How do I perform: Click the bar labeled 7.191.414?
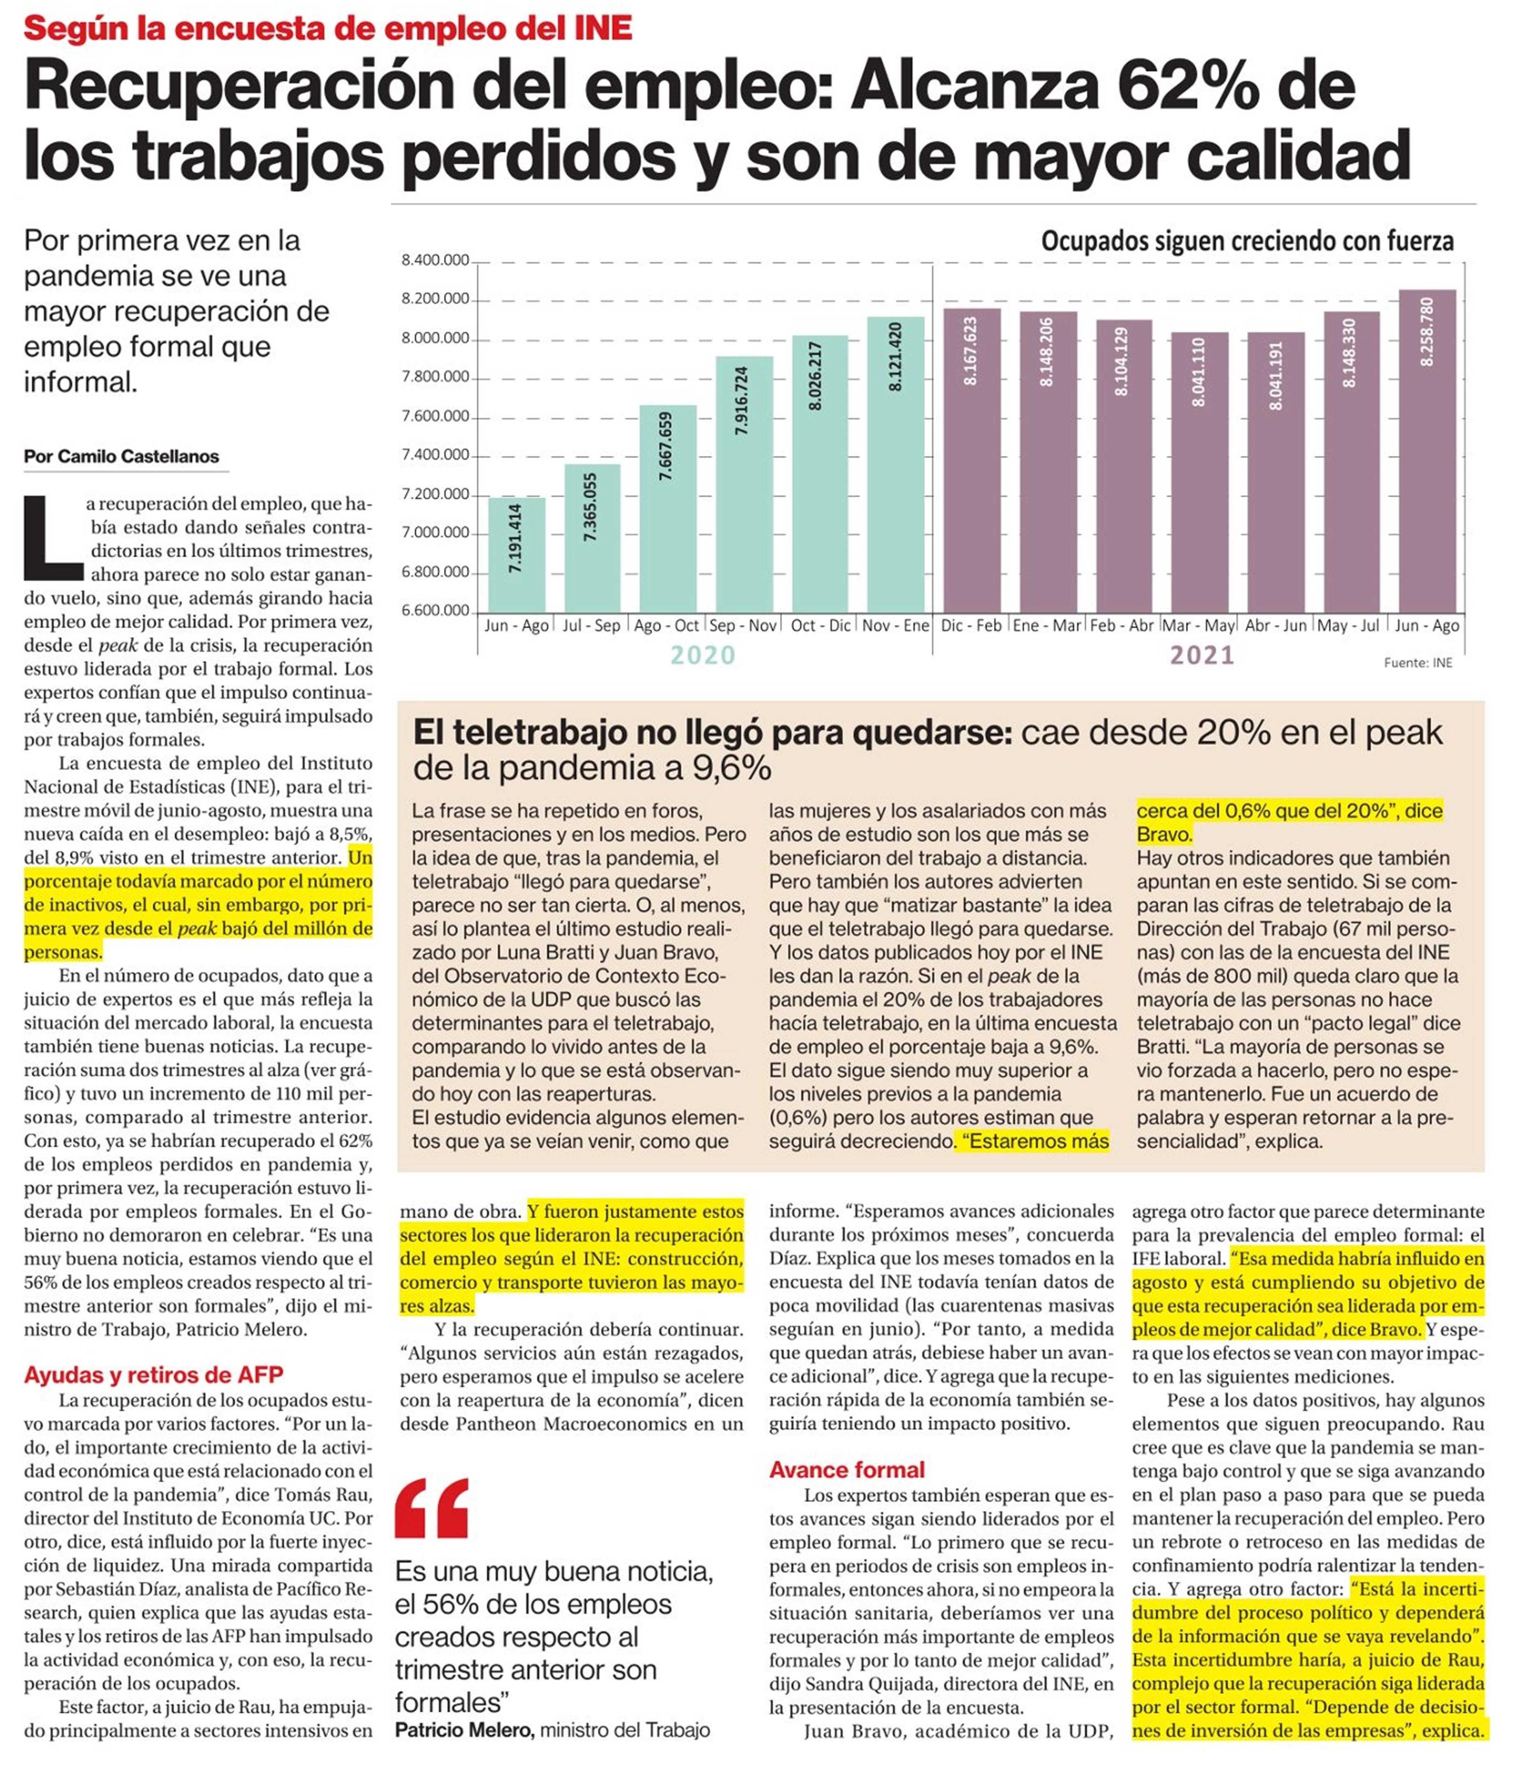(516, 554)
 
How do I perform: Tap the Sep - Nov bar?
(744, 484)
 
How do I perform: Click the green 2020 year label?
(703, 655)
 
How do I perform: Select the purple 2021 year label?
(1202, 655)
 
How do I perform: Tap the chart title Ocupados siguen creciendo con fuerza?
(1247, 241)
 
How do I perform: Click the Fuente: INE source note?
(1418, 663)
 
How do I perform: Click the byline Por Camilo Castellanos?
(121, 457)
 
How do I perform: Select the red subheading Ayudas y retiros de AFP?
(154, 1375)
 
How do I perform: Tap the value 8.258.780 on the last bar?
(1428, 332)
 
